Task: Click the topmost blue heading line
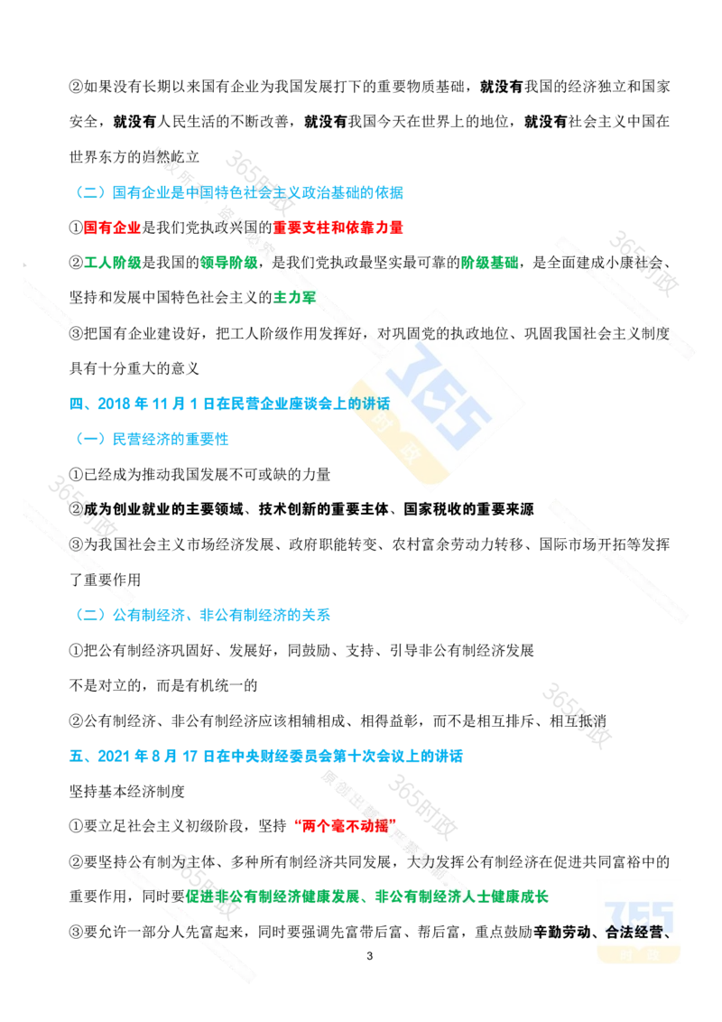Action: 239,192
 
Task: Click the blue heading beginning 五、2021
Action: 266,755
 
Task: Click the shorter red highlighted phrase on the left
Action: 111,228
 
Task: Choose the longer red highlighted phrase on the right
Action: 338,228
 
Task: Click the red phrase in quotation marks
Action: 346,824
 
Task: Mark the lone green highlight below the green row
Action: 293,296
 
